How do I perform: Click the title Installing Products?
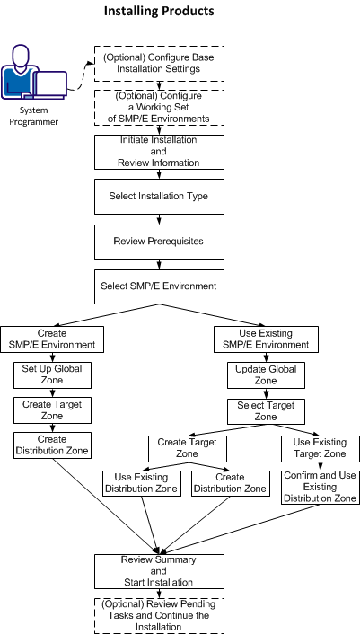click(159, 12)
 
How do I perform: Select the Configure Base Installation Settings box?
click(159, 63)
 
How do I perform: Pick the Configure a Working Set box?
click(159, 107)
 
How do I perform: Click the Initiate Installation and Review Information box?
click(159, 152)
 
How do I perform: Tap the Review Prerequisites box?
click(159, 241)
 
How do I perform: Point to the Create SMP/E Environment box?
click(53, 339)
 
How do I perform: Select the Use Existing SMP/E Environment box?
click(266, 339)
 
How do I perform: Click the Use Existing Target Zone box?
click(320, 447)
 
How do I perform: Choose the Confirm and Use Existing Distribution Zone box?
click(320, 486)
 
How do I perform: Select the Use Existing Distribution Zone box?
click(142, 482)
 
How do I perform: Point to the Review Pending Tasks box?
click(159, 615)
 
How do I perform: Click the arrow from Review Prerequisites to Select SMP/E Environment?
click(159, 263)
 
